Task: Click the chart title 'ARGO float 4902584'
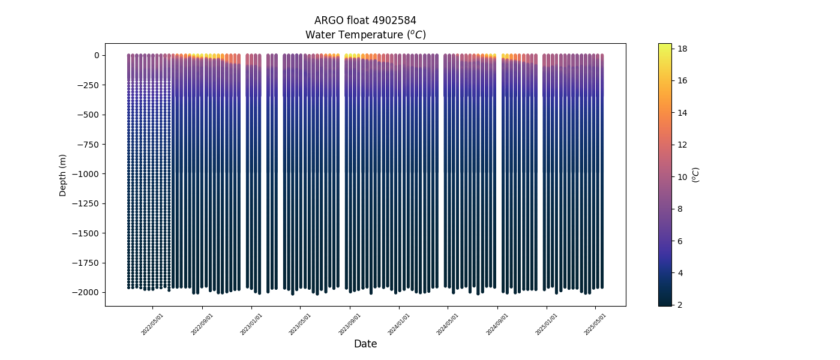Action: pyautogui.click(x=365, y=20)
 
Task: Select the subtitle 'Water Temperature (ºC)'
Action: pyautogui.click(x=365, y=35)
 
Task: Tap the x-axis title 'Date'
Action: pyautogui.click(x=365, y=344)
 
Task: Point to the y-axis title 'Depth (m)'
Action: pyautogui.click(x=62, y=175)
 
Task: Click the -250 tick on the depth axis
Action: pyautogui.click(x=89, y=85)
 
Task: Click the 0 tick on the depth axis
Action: pyautogui.click(x=96, y=55)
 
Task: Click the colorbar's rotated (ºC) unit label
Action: pyautogui.click(x=696, y=175)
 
